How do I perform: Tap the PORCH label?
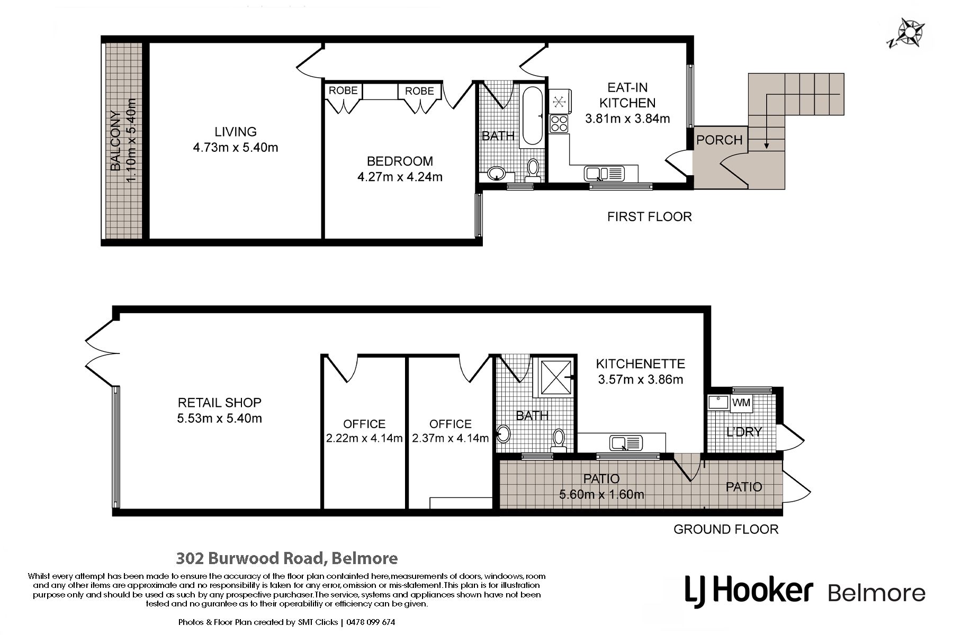coord(720,140)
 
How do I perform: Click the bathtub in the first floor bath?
coord(532,116)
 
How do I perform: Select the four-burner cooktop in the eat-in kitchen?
coord(559,123)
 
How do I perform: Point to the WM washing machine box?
coord(741,403)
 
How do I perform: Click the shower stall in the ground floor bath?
coord(555,377)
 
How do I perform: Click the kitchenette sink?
coord(626,442)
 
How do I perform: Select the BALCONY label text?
coord(116,141)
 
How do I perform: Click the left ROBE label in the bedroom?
coord(343,90)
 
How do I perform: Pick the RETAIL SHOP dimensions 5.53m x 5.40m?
coord(220,419)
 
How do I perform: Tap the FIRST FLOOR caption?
coord(649,216)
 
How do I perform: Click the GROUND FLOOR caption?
coord(726,529)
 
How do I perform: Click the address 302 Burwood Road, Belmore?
coord(287,558)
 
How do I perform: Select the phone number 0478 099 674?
coord(371,622)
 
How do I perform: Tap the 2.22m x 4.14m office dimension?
coord(364,438)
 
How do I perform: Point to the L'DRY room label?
coord(744,432)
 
